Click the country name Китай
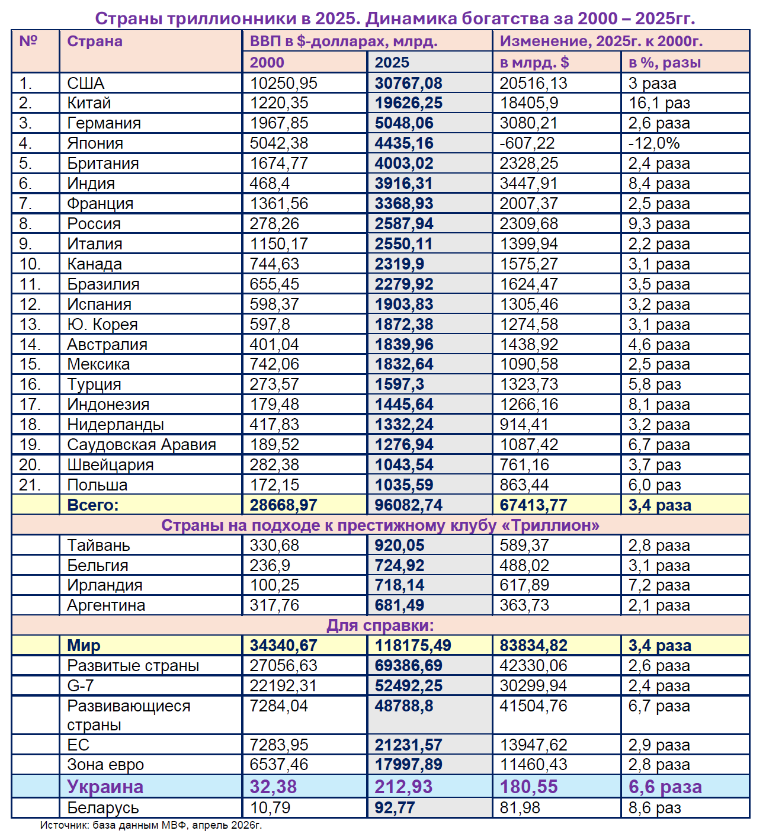click(x=89, y=103)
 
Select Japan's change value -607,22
click(x=527, y=143)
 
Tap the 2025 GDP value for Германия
click(x=404, y=123)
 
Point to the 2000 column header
click(x=267, y=62)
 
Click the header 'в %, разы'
click(x=665, y=62)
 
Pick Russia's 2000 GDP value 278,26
click(x=274, y=224)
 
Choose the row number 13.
click(x=30, y=325)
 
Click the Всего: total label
click(x=93, y=505)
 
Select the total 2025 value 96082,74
click(x=409, y=505)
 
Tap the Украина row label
click(x=105, y=787)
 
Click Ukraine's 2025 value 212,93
click(x=403, y=787)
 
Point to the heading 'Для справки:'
click(x=380, y=626)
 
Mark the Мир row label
click(x=84, y=646)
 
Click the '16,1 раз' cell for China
click(x=659, y=103)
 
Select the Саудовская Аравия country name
click(x=142, y=445)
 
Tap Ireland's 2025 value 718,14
click(x=399, y=585)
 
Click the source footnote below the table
click(x=151, y=825)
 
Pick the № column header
click(x=28, y=41)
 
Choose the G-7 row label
click(x=81, y=686)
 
